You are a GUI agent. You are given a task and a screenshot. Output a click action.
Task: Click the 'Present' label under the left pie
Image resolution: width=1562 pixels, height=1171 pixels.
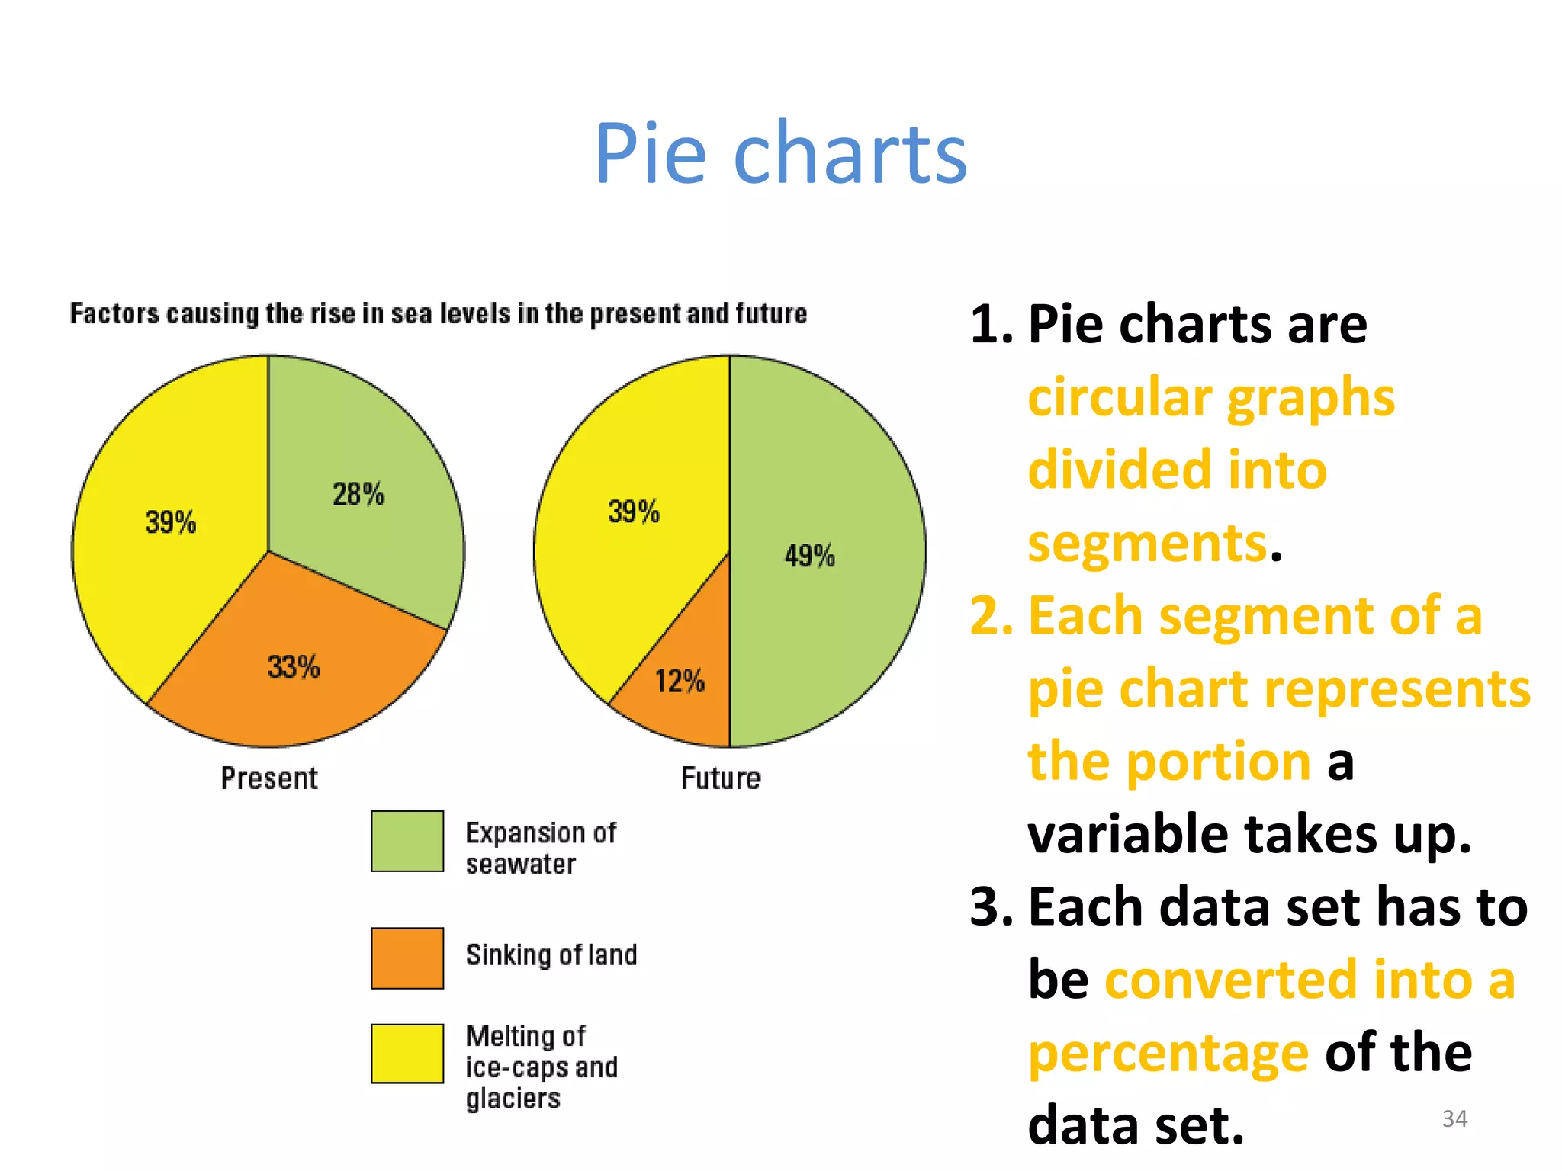coord(268,778)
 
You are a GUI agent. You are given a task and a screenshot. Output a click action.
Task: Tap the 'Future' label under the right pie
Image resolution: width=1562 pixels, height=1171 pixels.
coord(721,778)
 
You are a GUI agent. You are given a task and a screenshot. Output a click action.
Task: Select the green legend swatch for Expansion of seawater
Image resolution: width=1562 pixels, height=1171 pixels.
coord(407,841)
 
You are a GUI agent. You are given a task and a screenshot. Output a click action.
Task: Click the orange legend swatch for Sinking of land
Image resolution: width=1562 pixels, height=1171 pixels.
coord(407,958)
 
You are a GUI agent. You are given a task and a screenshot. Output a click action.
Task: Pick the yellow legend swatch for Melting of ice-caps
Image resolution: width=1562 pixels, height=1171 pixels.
coord(407,1053)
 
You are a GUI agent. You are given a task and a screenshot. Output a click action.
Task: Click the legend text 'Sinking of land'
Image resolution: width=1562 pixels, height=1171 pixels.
coord(551,955)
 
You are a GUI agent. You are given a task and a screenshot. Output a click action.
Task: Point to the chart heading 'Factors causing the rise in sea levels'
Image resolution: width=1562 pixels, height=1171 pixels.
coord(439,313)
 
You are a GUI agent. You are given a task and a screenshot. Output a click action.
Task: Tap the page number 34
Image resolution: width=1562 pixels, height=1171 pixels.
coord(1454,1118)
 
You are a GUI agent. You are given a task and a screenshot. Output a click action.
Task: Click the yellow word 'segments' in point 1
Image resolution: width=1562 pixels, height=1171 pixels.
coord(1147,543)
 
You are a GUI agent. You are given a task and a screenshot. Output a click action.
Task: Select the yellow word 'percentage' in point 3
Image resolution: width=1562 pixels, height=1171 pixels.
coord(1168,1054)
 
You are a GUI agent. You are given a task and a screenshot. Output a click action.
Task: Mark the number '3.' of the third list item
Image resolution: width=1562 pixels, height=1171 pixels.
coord(992,907)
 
